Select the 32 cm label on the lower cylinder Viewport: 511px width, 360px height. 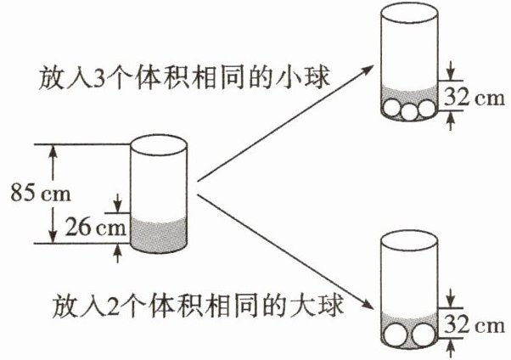(474, 325)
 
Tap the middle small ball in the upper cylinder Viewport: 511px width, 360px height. (407, 110)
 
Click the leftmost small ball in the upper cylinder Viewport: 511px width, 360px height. (391, 110)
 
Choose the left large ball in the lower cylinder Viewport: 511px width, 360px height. (396, 336)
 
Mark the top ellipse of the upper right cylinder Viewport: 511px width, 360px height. (407, 12)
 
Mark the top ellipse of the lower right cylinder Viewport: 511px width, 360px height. (407, 239)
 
